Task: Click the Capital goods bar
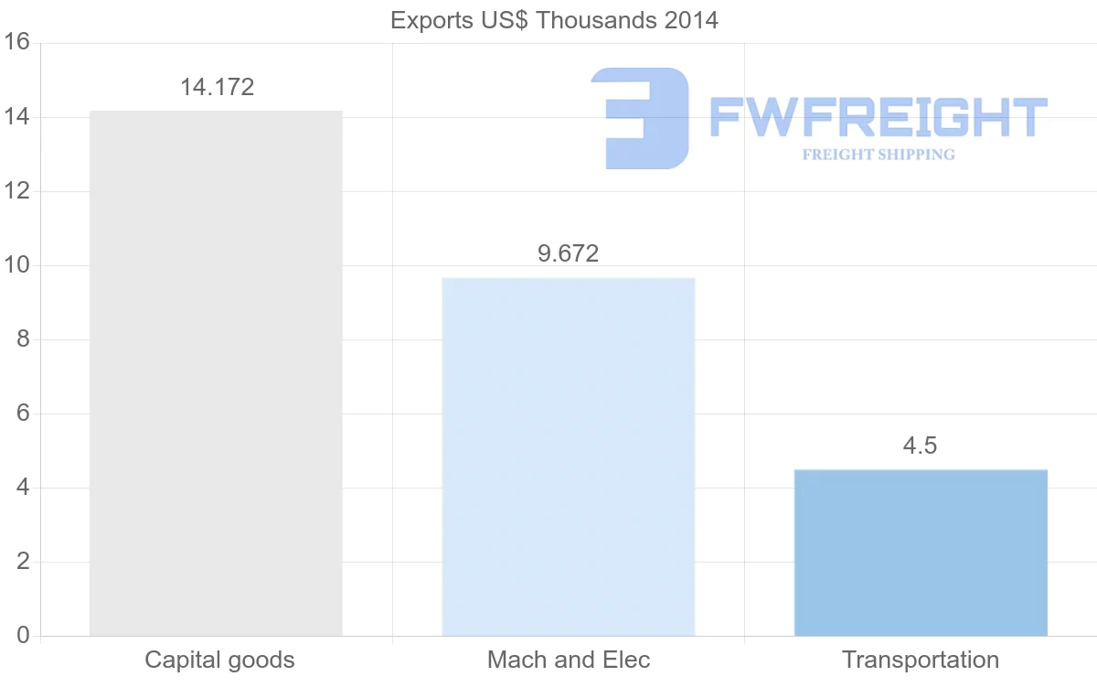[x=216, y=373]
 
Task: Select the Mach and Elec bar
[x=568, y=456]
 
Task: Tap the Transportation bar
[x=921, y=553]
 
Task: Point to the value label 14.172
[x=217, y=88]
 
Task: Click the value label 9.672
[x=568, y=253]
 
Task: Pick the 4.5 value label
[x=920, y=446]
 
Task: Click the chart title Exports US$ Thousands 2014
[x=554, y=20]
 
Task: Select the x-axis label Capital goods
[x=219, y=660]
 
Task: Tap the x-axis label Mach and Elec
[x=569, y=660]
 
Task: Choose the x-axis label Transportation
[x=921, y=660]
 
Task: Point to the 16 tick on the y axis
[x=17, y=43]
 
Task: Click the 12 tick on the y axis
[x=17, y=191]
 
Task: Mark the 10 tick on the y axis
[x=17, y=265]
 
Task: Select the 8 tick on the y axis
[x=23, y=339]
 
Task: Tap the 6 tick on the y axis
[x=23, y=413]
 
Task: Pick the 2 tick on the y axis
[x=23, y=562]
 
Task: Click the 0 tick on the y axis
[x=23, y=636]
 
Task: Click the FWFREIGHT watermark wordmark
[x=878, y=118]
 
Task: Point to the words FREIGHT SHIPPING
[x=879, y=155]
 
